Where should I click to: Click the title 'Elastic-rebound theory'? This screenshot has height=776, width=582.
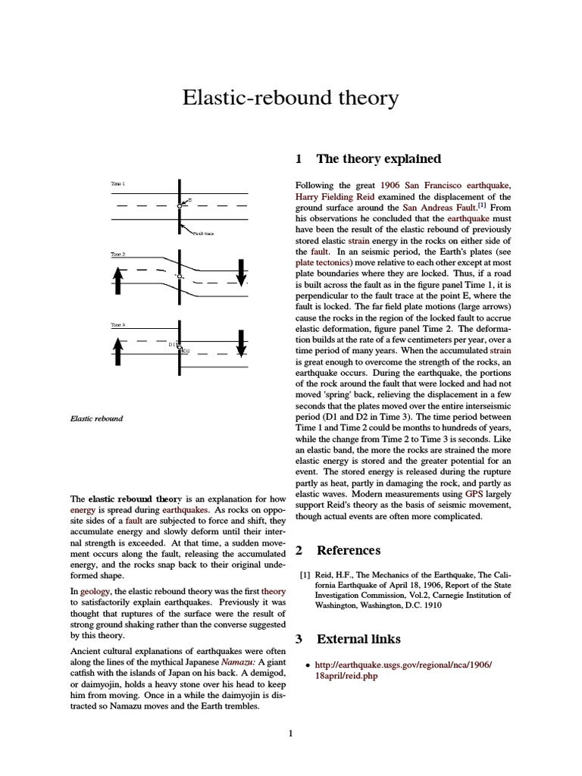pyautogui.click(x=290, y=99)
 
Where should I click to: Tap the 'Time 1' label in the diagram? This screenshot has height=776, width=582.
pyautogui.click(x=118, y=183)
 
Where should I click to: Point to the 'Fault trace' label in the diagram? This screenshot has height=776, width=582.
pyautogui.click(x=204, y=234)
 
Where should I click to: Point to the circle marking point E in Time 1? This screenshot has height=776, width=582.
pyautogui.click(x=180, y=205)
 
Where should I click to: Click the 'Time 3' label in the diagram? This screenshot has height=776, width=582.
pyautogui.click(x=118, y=325)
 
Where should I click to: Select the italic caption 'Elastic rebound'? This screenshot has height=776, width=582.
pyautogui.click(x=97, y=418)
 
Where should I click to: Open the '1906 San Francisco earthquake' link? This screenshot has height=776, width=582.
pyautogui.click(x=446, y=185)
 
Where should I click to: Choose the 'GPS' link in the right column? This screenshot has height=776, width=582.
pyautogui.click(x=474, y=493)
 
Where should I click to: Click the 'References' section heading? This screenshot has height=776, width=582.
pyautogui.click(x=348, y=549)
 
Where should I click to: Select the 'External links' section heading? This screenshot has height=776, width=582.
pyautogui.click(x=358, y=639)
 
